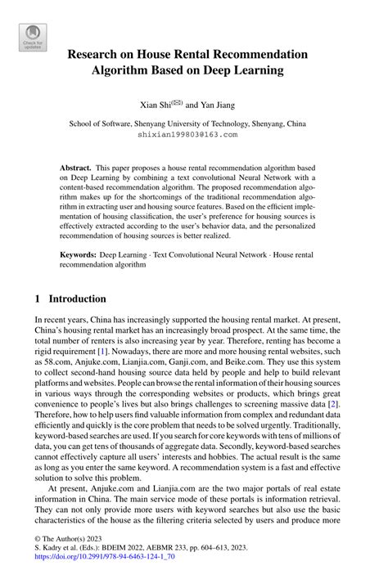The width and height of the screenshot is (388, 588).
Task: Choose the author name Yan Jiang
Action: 219,105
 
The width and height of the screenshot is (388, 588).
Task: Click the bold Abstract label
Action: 75,166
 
